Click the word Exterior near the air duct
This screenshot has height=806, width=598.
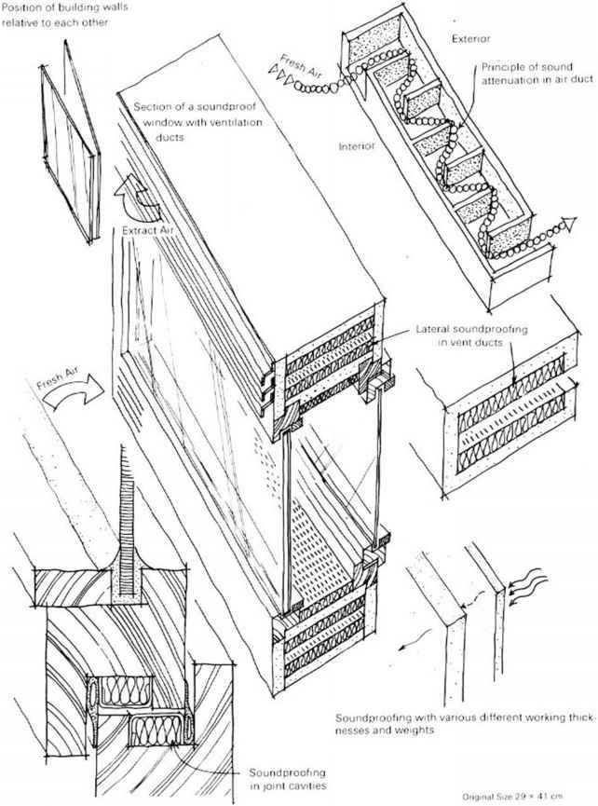(470, 38)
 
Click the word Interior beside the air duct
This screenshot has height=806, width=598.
(357, 146)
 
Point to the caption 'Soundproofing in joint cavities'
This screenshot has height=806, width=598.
(287, 779)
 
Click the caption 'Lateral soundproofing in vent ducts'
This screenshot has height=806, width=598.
(471, 335)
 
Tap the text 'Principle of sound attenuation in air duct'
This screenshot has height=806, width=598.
(537, 74)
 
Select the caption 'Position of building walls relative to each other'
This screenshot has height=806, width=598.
(64, 14)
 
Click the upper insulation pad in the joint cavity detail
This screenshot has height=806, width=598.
(126, 689)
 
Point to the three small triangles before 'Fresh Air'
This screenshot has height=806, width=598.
(281, 75)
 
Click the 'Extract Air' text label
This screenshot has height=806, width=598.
(147, 231)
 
